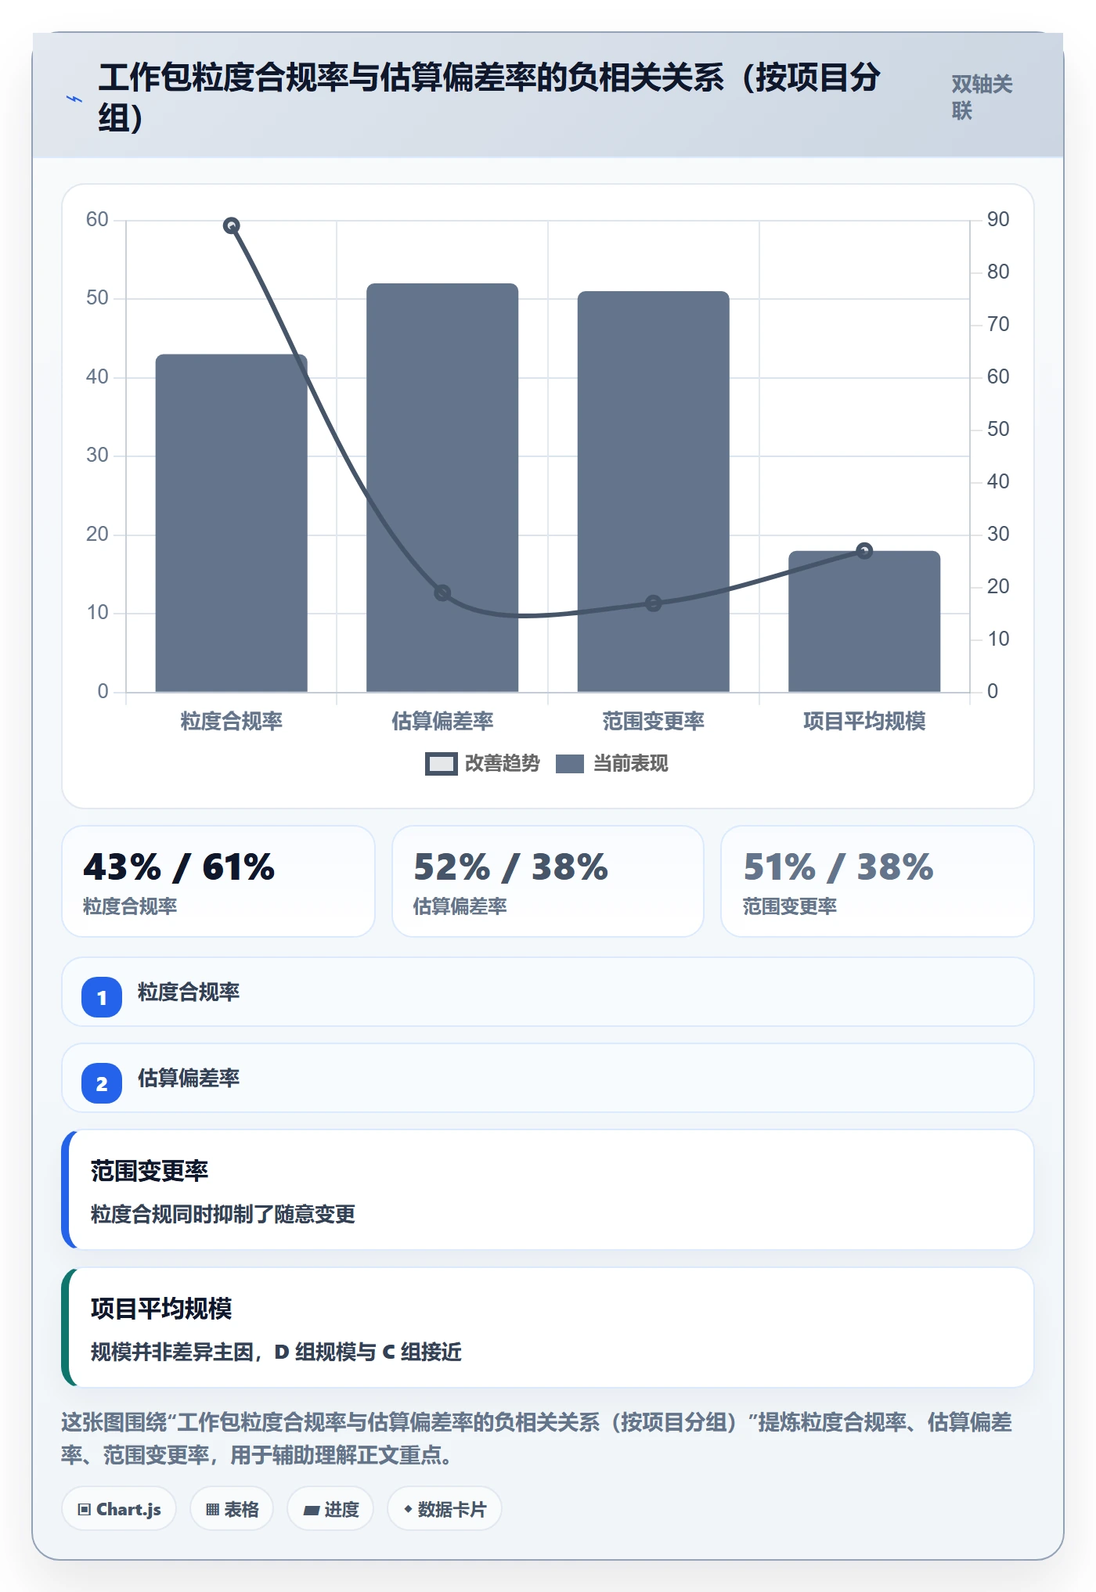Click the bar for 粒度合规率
pyautogui.click(x=231, y=523)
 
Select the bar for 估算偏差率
pyautogui.click(x=442, y=488)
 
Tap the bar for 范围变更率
pyautogui.click(x=653, y=492)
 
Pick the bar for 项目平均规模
pyautogui.click(x=864, y=621)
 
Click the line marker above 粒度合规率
pyautogui.click(x=231, y=225)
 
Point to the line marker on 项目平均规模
pyautogui.click(x=864, y=551)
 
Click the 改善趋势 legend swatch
pyautogui.click(x=441, y=764)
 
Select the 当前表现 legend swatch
pyautogui.click(x=569, y=764)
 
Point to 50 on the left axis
pyautogui.click(x=97, y=298)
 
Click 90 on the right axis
pyautogui.click(x=998, y=219)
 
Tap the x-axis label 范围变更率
pyautogui.click(x=653, y=721)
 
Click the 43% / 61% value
pyautogui.click(x=179, y=867)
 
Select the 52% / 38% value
pyautogui.click(x=510, y=867)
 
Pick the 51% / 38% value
pyautogui.click(x=838, y=867)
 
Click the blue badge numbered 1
pyautogui.click(x=102, y=997)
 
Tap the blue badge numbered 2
pyautogui.click(x=102, y=1083)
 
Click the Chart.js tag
pyautogui.click(x=119, y=1509)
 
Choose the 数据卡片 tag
pyautogui.click(x=445, y=1509)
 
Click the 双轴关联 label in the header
pyautogui.click(x=982, y=97)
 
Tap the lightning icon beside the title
pyautogui.click(x=74, y=99)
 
